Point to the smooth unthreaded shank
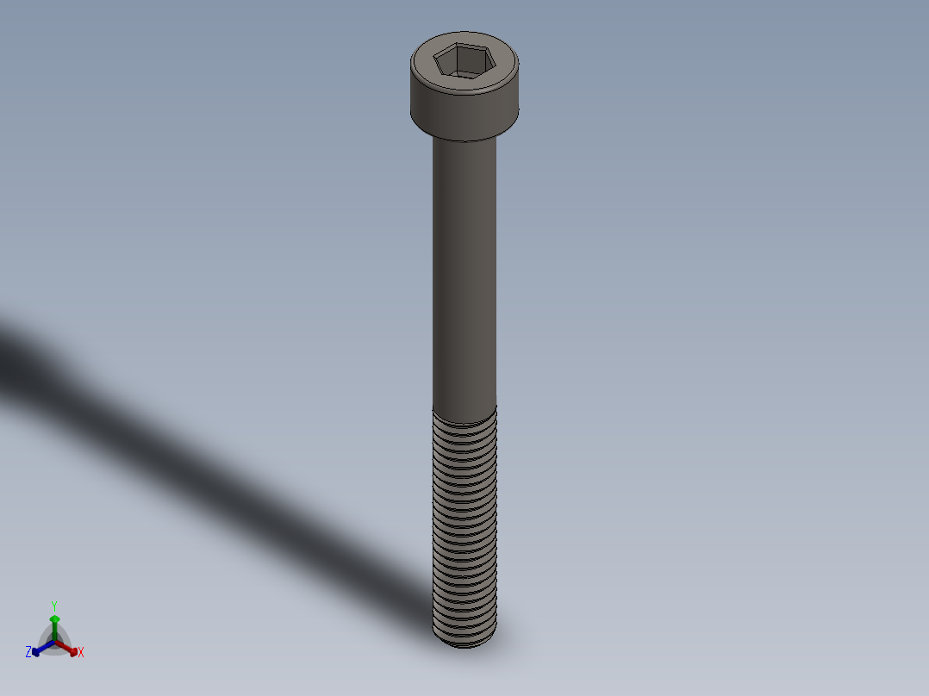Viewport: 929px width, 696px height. [x=464, y=276]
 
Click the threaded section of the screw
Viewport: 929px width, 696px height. [x=464, y=525]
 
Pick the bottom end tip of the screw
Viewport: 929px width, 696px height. [x=465, y=642]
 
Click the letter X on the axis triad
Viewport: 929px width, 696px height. [x=81, y=652]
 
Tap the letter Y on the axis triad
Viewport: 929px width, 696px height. [x=54, y=606]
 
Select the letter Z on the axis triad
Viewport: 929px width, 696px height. [x=28, y=652]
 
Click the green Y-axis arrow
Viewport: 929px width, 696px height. [x=54, y=623]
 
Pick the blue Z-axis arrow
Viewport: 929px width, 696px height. [x=39, y=649]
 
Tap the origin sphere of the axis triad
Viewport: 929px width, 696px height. [x=54, y=641]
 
